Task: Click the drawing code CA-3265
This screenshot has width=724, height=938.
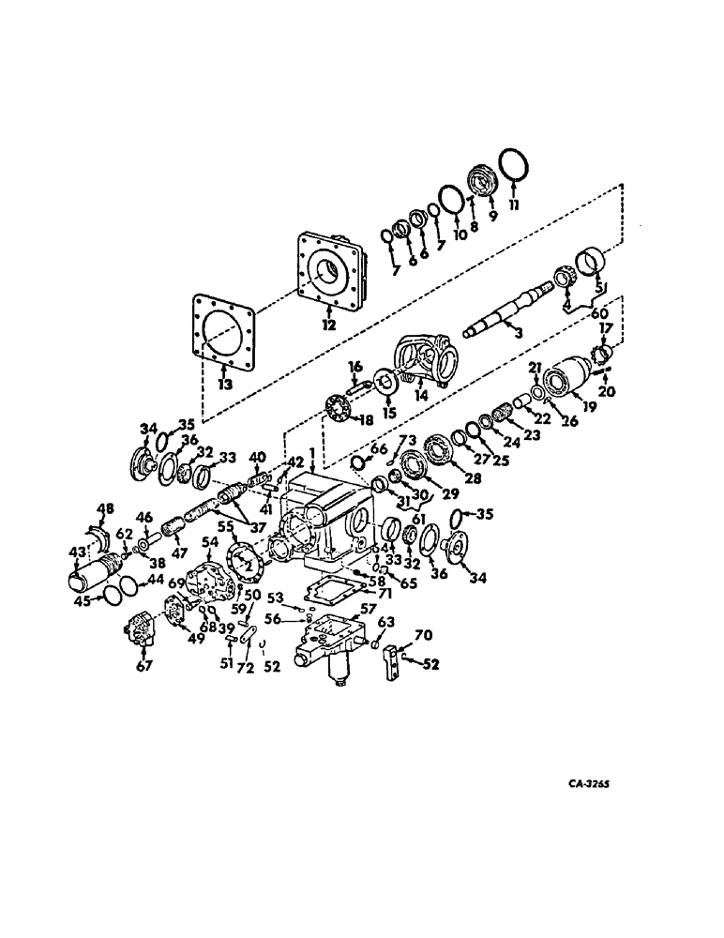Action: click(x=595, y=784)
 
